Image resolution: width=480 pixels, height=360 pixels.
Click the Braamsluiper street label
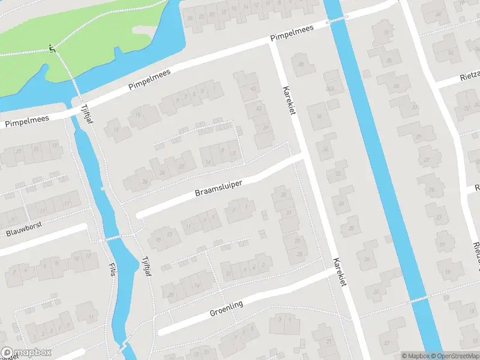(218, 190)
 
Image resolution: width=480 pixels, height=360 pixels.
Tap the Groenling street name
(226, 309)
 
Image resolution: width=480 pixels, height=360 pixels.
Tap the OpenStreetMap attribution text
(456, 356)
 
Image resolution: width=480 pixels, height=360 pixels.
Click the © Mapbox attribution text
(416, 356)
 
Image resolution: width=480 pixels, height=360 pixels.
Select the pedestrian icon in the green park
(52, 49)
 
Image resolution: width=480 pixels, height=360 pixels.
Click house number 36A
(329, 89)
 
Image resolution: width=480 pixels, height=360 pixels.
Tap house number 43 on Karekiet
(259, 109)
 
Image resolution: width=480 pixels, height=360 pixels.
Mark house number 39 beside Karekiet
(265, 127)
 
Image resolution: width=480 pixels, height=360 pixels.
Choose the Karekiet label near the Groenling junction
(340, 272)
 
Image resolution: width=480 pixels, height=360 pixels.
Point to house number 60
(439, 14)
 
